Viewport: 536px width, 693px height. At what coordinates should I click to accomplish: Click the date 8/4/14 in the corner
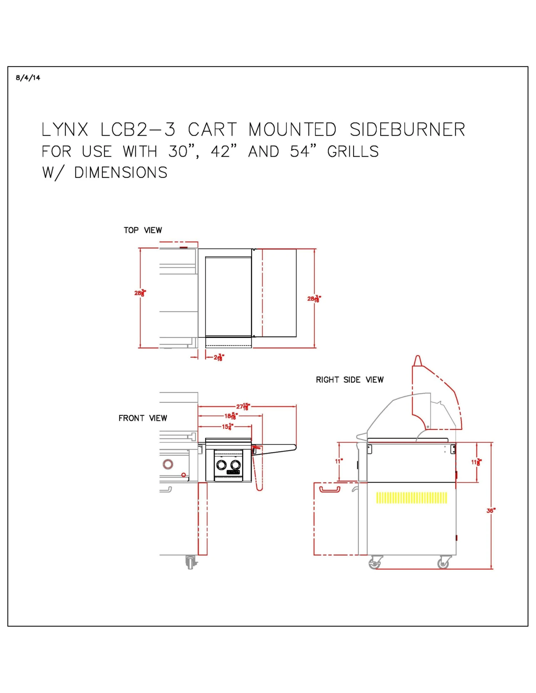(x=28, y=78)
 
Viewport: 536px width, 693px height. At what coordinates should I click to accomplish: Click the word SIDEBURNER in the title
(x=407, y=130)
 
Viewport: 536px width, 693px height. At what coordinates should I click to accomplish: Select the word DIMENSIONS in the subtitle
(x=121, y=173)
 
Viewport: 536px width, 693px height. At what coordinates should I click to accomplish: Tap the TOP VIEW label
(x=143, y=230)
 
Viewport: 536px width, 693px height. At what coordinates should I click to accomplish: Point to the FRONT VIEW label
(x=143, y=418)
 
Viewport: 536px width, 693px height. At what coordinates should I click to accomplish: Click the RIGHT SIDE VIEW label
(x=349, y=380)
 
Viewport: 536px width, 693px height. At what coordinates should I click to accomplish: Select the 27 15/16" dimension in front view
(x=243, y=406)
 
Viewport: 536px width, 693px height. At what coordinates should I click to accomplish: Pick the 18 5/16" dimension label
(x=231, y=416)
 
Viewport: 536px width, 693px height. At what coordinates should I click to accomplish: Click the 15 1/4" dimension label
(x=228, y=426)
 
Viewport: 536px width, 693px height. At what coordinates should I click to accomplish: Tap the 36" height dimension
(x=491, y=511)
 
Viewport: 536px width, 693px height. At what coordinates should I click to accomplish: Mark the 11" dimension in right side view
(x=338, y=461)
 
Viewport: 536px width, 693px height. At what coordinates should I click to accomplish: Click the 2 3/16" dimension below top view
(x=219, y=357)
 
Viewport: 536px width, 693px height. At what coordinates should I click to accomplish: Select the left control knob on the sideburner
(x=222, y=465)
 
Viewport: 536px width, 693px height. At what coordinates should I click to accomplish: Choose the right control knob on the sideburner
(x=235, y=465)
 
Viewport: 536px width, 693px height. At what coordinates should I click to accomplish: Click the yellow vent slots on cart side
(x=411, y=497)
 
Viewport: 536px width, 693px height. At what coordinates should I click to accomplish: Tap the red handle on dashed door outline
(x=329, y=489)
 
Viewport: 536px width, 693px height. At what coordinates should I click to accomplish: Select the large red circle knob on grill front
(x=168, y=464)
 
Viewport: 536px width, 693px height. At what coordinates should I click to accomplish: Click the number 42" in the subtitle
(x=223, y=152)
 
